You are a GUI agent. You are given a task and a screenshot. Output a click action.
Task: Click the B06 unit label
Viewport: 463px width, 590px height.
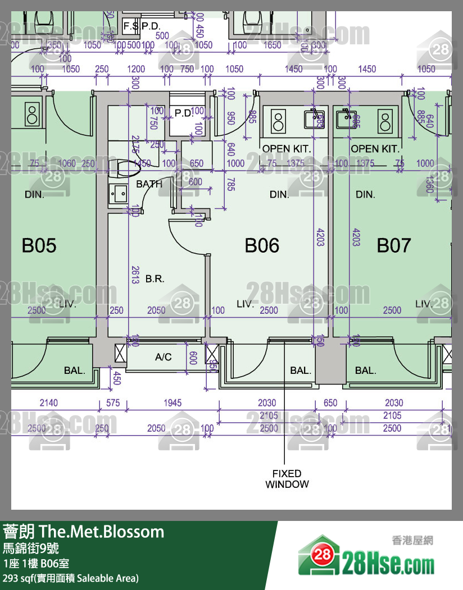coord(262,245)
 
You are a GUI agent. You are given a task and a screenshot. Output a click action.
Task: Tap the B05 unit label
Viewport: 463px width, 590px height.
coord(39,245)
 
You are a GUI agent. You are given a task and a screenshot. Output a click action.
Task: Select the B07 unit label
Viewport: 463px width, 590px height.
coord(393,245)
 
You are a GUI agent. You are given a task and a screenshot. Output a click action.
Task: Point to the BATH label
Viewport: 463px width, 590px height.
coord(149,184)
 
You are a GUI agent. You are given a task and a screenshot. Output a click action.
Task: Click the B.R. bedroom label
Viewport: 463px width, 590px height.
coord(155,278)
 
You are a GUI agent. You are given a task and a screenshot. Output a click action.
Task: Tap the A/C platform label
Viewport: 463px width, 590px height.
coord(163,357)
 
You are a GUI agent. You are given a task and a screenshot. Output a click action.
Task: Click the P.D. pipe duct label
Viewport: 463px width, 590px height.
coord(183,113)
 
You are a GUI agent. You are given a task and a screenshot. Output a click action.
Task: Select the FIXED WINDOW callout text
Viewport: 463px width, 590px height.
coord(287,479)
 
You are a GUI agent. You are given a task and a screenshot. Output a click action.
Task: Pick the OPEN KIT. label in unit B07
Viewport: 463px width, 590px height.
coord(375,149)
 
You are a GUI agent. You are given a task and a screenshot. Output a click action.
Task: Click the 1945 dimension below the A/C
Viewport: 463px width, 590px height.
coord(172,403)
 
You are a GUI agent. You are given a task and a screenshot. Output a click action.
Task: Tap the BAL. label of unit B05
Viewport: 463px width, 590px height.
coord(74,371)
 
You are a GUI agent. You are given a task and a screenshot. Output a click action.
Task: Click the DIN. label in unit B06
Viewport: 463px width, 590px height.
coord(279,195)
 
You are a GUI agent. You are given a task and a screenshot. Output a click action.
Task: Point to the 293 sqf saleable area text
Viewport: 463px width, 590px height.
coord(71,578)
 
